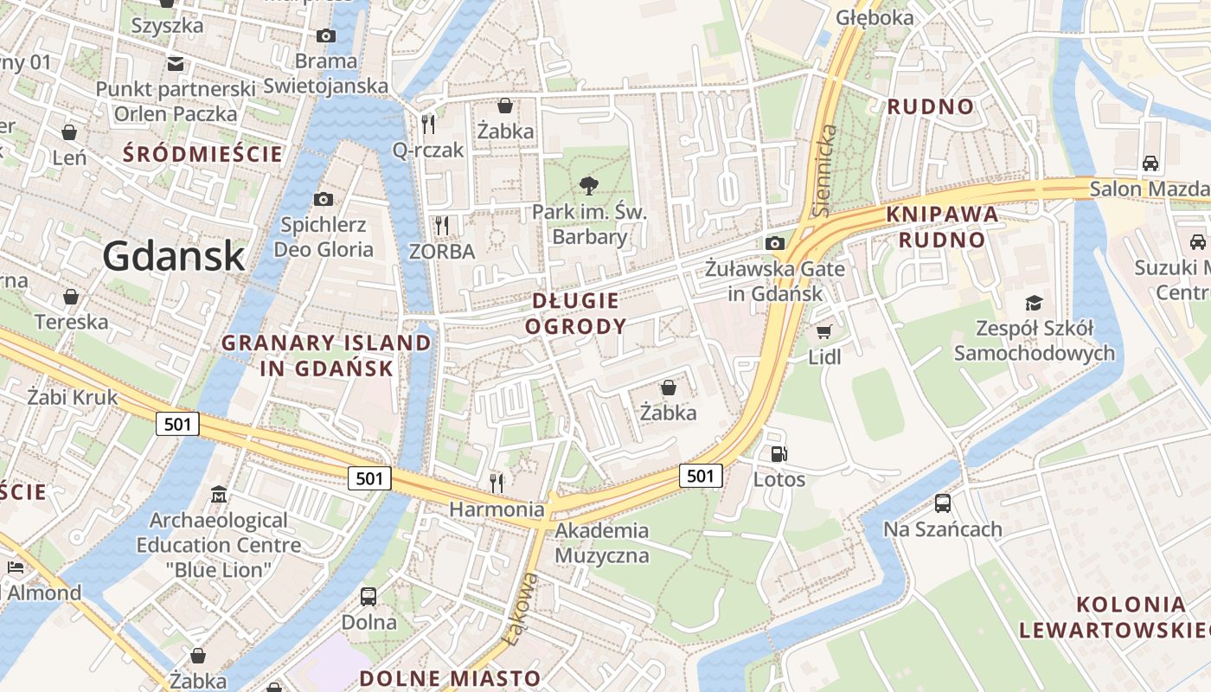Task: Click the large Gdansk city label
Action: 174,256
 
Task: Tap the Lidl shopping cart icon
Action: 823,331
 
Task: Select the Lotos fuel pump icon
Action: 778,453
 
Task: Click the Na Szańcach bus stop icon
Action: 942,503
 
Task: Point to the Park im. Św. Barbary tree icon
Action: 589,185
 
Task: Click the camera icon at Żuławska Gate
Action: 775,243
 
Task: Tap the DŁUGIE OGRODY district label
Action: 575,313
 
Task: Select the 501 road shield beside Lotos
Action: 701,475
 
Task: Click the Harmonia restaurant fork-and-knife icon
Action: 497,483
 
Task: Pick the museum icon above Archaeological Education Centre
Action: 219,495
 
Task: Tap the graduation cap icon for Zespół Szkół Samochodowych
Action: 1034,303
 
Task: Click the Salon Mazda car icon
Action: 1150,163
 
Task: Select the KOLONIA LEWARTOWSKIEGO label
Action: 1114,617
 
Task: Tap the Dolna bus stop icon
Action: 368,596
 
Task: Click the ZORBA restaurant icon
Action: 442,226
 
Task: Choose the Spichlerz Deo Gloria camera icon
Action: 323,200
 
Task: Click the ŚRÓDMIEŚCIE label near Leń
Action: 202,155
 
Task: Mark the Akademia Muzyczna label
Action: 602,542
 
